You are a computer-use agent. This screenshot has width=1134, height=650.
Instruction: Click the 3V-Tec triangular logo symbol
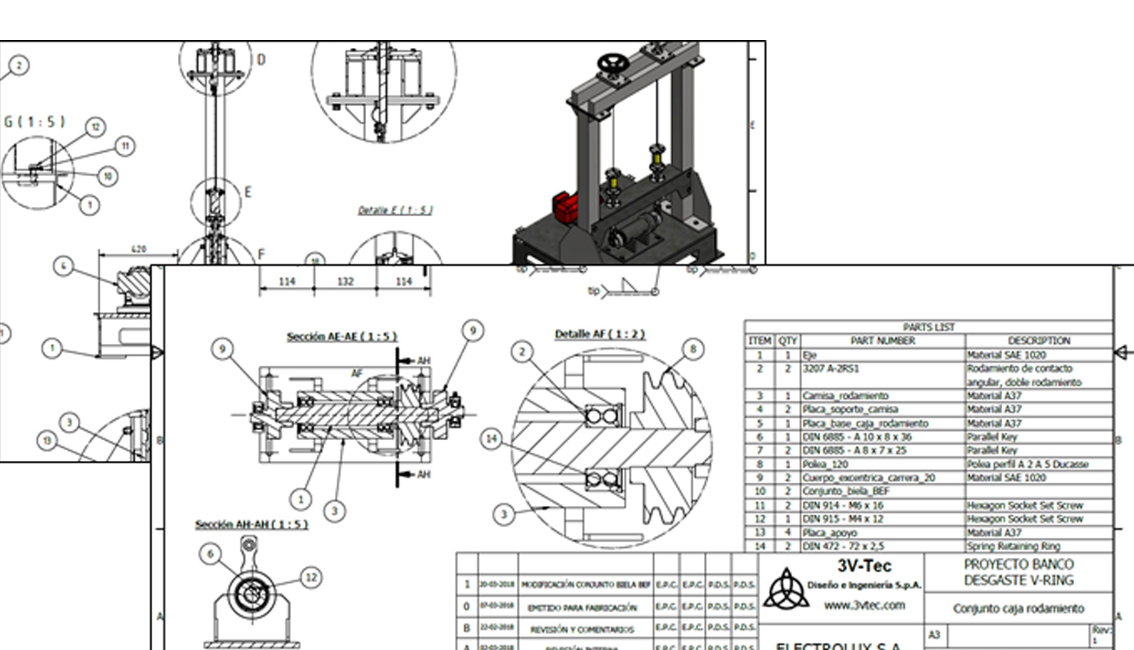[x=786, y=590]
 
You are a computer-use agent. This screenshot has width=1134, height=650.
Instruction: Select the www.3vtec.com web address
[x=864, y=605]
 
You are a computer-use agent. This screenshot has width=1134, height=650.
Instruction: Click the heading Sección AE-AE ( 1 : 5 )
[x=342, y=337]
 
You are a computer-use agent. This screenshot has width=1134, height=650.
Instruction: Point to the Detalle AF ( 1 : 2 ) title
[x=599, y=334]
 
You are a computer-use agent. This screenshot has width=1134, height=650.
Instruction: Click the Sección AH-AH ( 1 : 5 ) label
[x=252, y=525]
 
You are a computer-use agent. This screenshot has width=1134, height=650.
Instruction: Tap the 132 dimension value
[x=345, y=281]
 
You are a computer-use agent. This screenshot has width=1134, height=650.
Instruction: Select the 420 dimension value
[x=138, y=249]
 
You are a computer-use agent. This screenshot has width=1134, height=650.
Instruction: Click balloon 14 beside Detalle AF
[x=491, y=439]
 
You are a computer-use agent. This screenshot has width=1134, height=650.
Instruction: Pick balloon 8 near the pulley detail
[x=693, y=349]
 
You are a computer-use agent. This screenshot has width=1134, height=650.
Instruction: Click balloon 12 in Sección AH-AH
[x=311, y=577]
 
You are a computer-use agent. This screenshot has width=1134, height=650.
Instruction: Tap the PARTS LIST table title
[x=928, y=327]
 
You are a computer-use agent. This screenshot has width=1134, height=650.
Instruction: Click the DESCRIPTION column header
[x=1039, y=341]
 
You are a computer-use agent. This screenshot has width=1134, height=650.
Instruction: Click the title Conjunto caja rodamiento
[x=1018, y=609]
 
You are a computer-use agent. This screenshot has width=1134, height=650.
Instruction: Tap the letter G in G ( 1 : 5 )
[x=8, y=122]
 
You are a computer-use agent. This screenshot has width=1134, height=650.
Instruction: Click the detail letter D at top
[x=261, y=60]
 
